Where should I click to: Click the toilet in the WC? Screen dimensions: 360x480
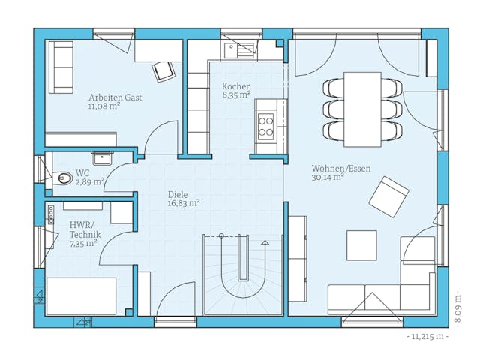(64, 178)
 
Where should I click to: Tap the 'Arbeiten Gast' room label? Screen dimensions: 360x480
(115, 97)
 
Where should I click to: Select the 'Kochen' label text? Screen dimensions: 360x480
(236, 87)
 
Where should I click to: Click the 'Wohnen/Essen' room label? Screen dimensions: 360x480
(340, 169)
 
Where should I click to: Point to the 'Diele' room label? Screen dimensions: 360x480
(178, 194)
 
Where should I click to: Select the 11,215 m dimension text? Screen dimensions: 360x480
(427, 337)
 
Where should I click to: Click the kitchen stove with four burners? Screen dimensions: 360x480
(265, 126)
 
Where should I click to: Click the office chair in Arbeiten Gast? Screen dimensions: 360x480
(164, 70)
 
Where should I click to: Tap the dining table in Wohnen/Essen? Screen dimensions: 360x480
(362, 109)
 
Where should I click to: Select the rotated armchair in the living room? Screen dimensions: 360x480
(388, 196)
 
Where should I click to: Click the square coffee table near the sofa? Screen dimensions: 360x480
(361, 245)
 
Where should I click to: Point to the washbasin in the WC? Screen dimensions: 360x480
(101, 157)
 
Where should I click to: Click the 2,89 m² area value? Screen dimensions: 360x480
(89, 182)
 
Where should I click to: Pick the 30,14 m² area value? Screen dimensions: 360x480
(328, 178)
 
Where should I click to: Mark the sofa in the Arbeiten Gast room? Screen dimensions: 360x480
(61, 67)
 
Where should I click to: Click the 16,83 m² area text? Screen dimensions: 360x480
(183, 203)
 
